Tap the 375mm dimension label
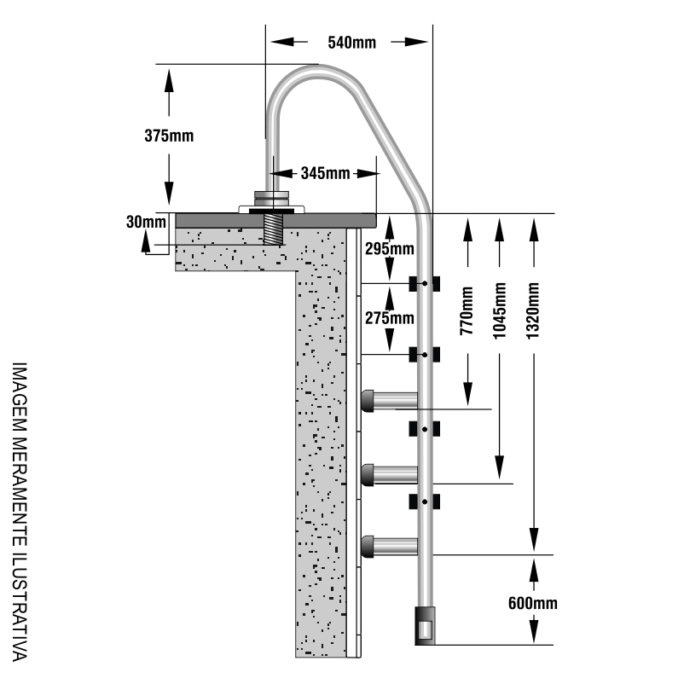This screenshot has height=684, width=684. (x=168, y=135)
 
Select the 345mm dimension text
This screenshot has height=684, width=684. (x=325, y=173)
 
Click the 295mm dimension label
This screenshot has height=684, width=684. (x=389, y=249)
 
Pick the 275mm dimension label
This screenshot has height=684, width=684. (x=389, y=318)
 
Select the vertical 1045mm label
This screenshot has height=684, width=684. (x=501, y=311)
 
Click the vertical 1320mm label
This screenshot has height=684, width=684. (x=534, y=311)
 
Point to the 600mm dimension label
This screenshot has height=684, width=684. (x=533, y=604)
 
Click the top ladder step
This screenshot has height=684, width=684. (x=391, y=400)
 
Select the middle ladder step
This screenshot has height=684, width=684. (x=391, y=474)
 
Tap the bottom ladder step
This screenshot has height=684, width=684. (x=391, y=546)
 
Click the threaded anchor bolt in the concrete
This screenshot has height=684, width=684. (x=274, y=229)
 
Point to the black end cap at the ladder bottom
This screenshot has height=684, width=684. (x=425, y=626)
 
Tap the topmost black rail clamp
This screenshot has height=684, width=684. (x=424, y=282)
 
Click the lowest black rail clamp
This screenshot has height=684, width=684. (x=424, y=500)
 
